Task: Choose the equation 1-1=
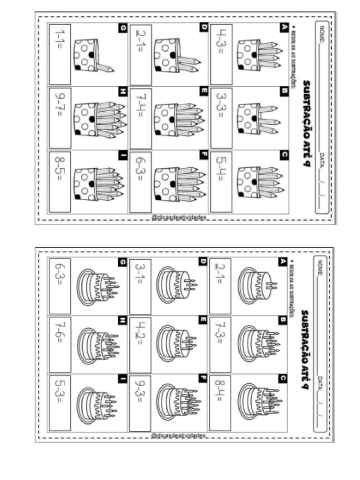60,44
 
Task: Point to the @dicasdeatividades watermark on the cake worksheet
179,436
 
